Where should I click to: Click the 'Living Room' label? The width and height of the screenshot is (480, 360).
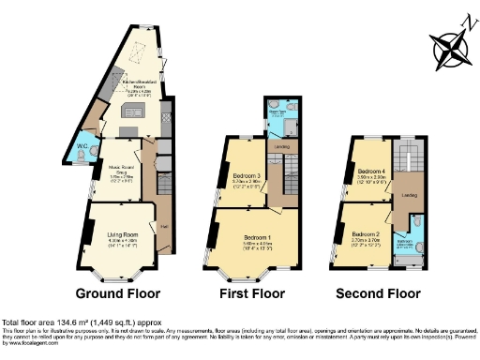[122, 233]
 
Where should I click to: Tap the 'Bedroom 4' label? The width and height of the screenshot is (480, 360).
[372, 172]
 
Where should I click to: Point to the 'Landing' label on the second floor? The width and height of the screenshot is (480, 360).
[409, 195]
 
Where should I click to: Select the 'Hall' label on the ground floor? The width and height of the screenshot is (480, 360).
[163, 226]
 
